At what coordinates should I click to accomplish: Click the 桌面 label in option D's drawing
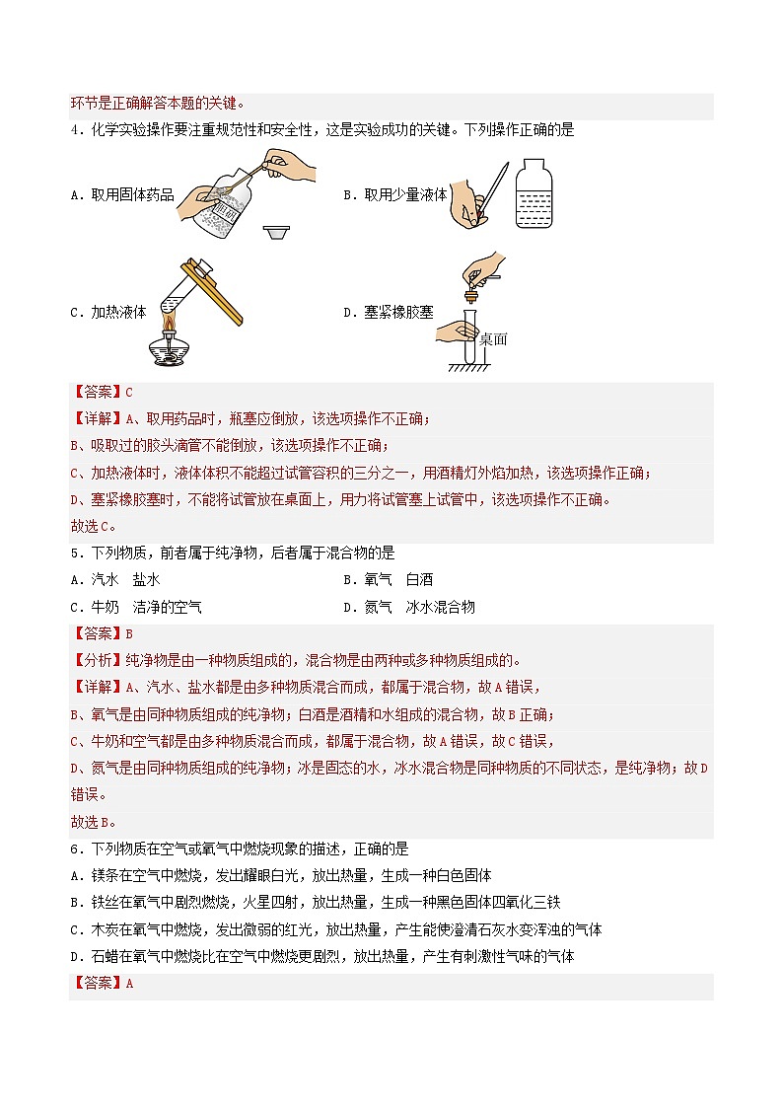tap(492, 338)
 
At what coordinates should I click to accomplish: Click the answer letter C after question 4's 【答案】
tap(129, 392)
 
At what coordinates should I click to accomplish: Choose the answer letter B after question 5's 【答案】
tap(129, 633)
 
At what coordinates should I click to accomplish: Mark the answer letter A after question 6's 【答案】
tap(129, 983)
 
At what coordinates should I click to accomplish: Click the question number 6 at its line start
tap(74, 849)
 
